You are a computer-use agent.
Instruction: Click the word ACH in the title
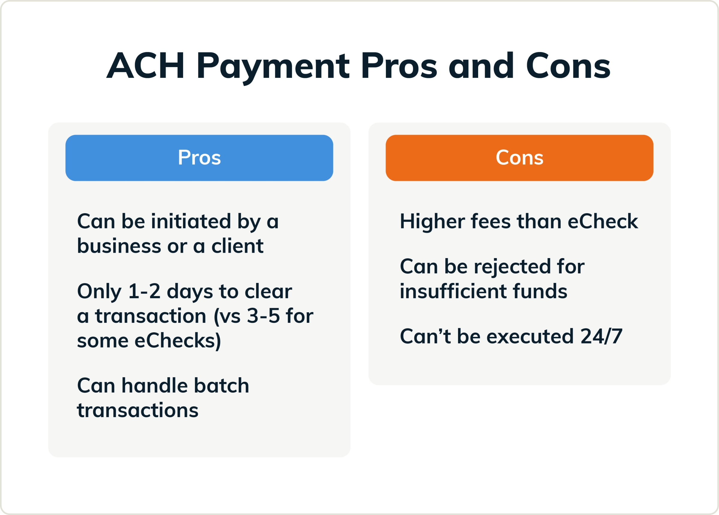pyautogui.click(x=146, y=66)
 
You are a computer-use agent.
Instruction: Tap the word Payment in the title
pyautogui.click(x=273, y=66)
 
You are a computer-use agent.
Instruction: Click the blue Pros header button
pyautogui.click(x=199, y=157)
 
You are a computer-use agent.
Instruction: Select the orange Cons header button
pyautogui.click(x=519, y=157)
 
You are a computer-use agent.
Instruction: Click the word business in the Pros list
pyautogui.click(x=119, y=246)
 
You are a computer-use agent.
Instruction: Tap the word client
pyautogui.click(x=237, y=246)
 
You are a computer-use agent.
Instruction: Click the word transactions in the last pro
pyautogui.click(x=138, y=410)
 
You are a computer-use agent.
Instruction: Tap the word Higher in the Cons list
pyautogui.click(x=432, y=221)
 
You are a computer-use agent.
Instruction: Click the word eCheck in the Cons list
pyautogui.click(x=602, y=221)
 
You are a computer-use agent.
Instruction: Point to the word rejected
pyautogui.click(x=512, y=266)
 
